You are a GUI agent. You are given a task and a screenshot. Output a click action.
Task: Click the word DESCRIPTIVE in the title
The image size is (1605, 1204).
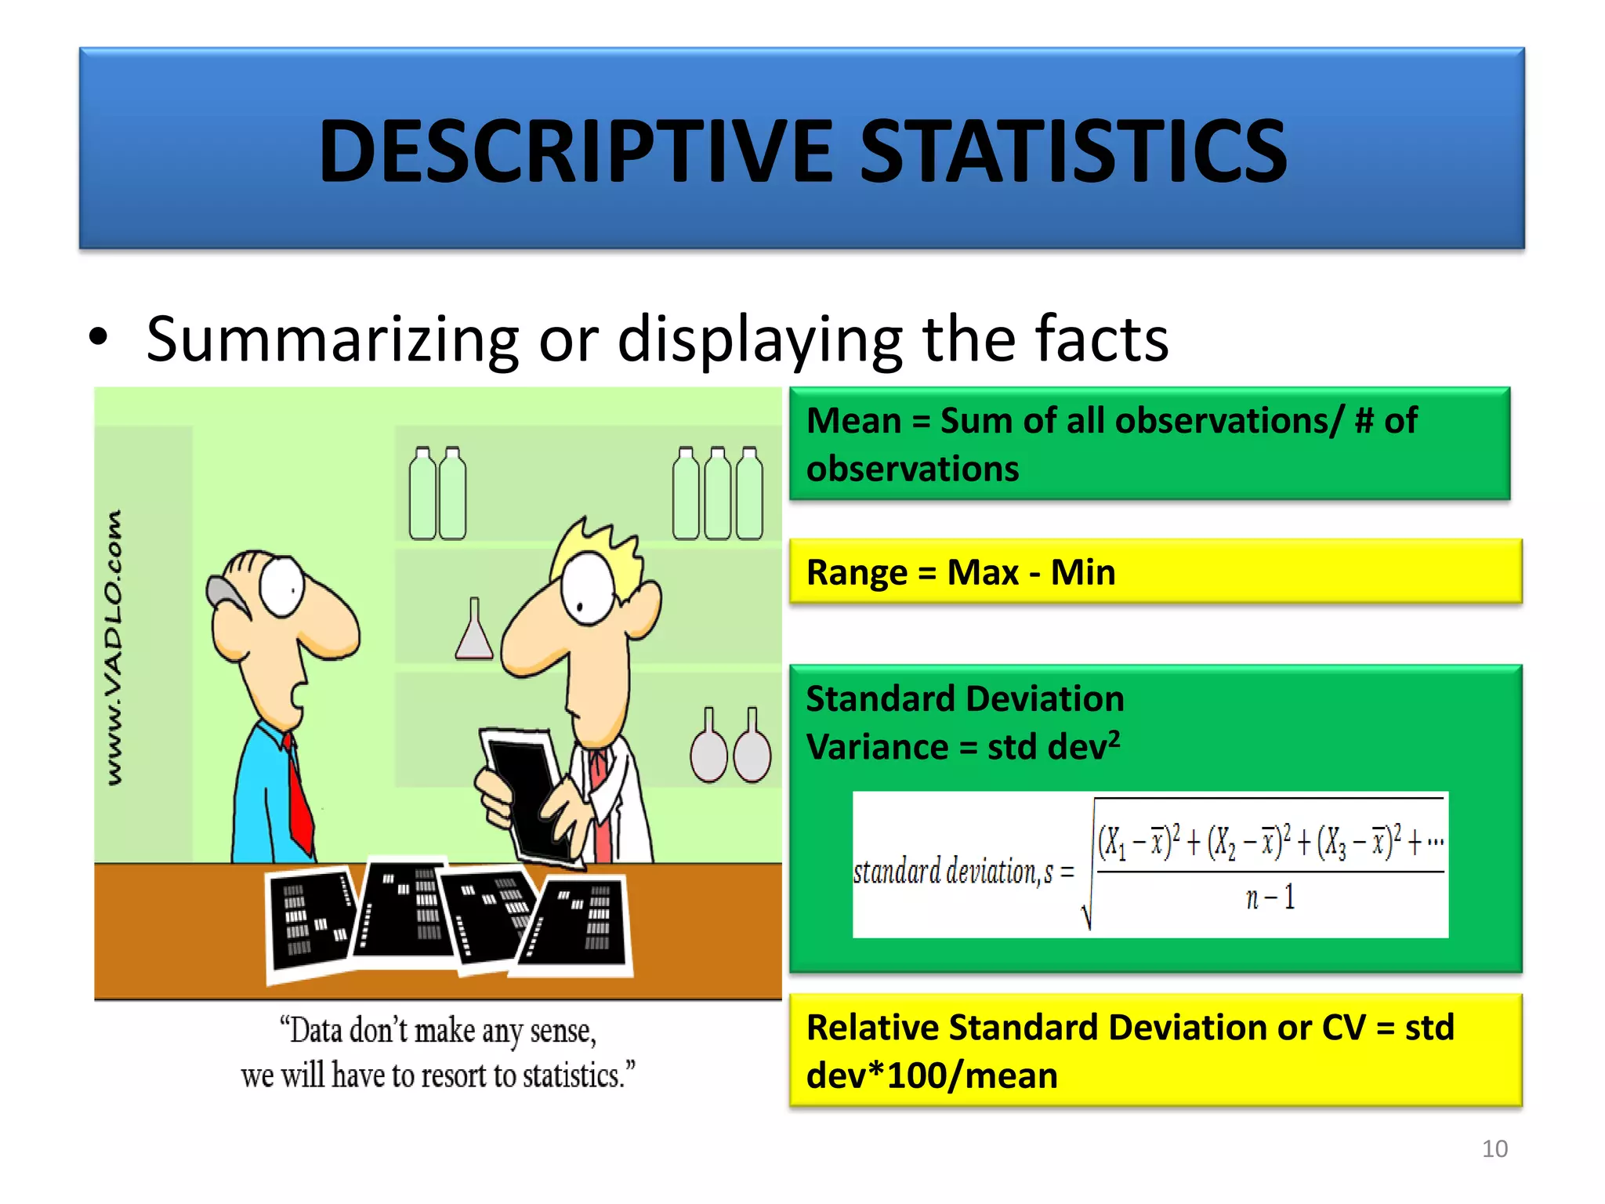coord(575,150)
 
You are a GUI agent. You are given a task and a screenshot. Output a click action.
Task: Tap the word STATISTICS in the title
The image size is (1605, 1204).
coord(1074,150)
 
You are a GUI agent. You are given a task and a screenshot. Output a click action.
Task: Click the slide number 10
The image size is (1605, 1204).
coord(1494,1148)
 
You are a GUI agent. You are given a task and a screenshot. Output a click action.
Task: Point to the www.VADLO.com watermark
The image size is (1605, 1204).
coord(114,647)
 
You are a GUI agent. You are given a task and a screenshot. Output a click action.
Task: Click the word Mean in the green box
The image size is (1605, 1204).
coord(853,421)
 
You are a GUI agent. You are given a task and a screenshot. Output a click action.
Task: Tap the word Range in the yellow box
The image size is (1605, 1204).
coord(856,573)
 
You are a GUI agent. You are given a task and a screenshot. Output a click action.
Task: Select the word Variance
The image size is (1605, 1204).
coord(877,747)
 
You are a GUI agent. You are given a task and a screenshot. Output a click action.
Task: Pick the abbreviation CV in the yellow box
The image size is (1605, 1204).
coord(1343,1028)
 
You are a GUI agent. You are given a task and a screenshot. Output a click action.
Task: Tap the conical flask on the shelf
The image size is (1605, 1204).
coord(474,631)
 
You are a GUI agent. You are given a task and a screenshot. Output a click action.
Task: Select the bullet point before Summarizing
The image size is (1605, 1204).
coord(99,339)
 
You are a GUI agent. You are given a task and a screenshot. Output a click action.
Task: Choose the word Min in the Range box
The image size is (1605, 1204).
coord(1082,573)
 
